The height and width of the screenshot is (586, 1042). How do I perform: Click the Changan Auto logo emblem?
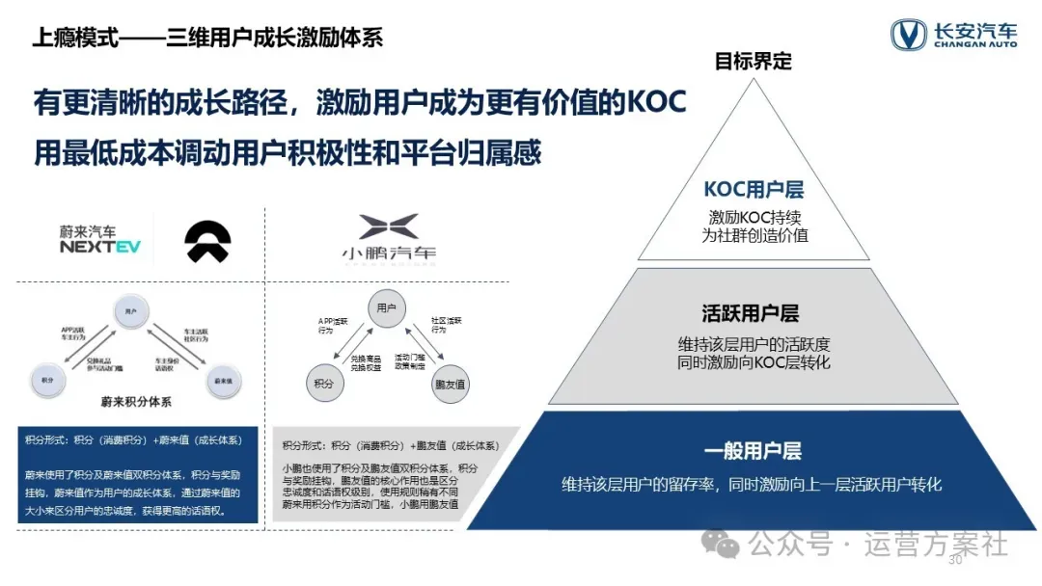[908, 35]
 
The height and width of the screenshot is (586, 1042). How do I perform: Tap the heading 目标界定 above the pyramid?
[753, 62]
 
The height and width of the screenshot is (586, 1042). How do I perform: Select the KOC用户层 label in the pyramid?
[754, 190]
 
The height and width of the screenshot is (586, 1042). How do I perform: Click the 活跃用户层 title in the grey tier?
[751, 313]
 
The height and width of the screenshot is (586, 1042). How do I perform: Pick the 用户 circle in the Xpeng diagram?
[385, 307]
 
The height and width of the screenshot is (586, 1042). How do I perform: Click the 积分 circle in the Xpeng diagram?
[323, 384]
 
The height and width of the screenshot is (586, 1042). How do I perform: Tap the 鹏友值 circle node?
[450, 384]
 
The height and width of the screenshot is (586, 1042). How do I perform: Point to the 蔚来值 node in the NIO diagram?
[222, 380]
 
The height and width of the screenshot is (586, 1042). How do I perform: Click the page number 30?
[956, 560]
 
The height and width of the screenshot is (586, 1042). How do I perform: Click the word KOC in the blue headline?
[655, 103]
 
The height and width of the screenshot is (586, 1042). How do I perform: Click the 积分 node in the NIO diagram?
[47, 380]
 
